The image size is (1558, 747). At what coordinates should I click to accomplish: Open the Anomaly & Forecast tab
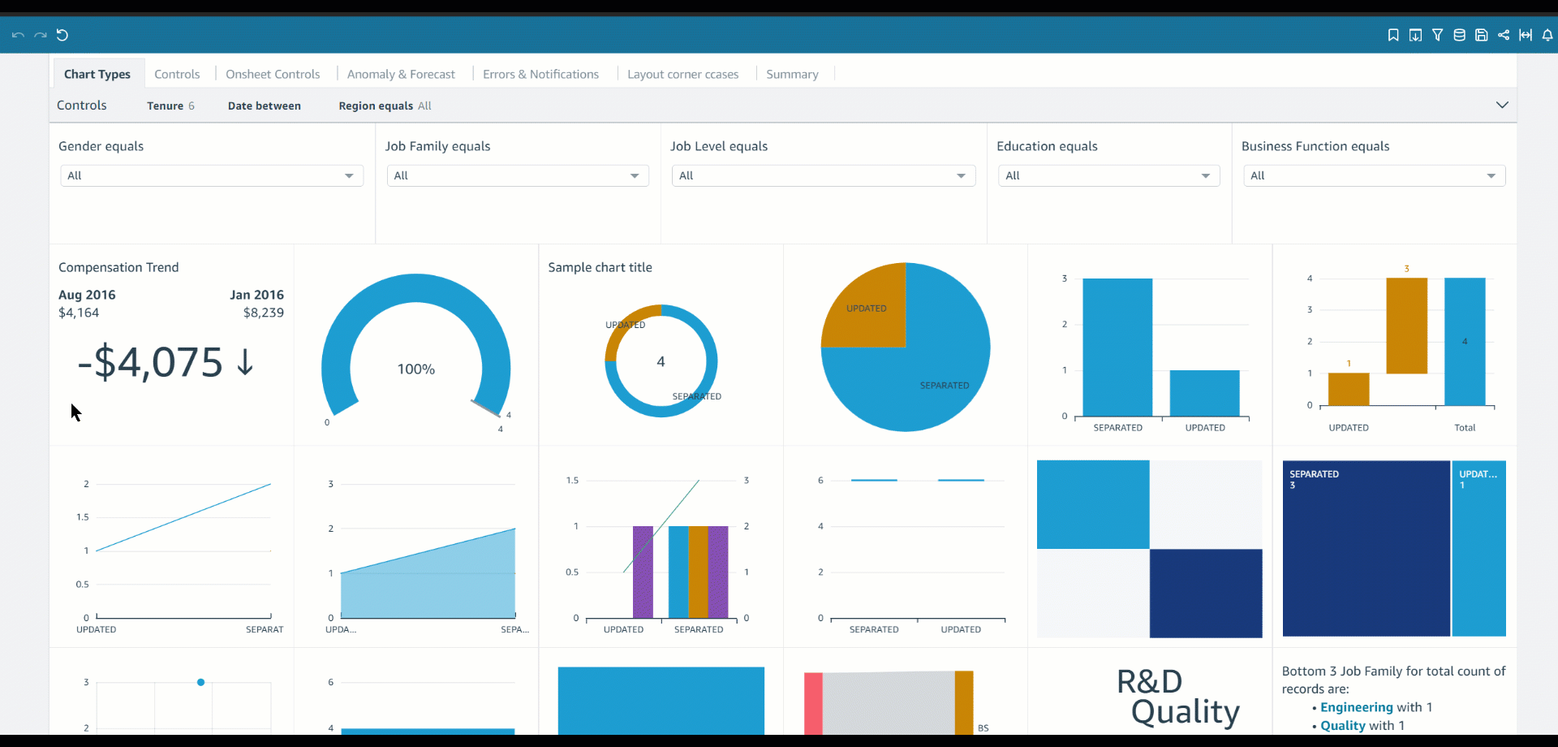[401, 74]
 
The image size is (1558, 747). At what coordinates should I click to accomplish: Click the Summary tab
[792, 74]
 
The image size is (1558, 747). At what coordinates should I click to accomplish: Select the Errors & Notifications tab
[540, 74]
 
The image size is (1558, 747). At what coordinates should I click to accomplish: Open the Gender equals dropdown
[211, 175]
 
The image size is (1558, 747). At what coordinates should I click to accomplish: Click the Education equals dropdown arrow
[1205, 175]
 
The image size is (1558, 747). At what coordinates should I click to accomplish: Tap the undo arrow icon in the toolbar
[18, 35]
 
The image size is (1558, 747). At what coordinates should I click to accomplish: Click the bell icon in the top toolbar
[1547, 35]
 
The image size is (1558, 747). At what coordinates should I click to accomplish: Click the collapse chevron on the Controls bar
[1502, 105]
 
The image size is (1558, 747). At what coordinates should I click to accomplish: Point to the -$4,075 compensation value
[150, 362]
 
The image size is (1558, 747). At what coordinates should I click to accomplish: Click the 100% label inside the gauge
[415, 369]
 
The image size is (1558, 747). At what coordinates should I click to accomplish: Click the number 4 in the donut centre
[661, 361]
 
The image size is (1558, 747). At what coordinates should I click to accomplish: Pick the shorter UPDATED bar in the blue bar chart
[1204, 393]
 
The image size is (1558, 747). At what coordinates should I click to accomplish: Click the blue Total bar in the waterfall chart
[1465, 341]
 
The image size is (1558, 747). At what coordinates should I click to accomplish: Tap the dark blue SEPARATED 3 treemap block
[1366, 548]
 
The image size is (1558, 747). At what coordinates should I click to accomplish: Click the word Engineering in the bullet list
[1356, 707]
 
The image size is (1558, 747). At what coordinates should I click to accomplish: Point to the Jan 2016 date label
[256, 295]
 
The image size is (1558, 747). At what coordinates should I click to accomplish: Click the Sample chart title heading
[600, 267]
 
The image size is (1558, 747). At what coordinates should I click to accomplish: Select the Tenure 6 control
[170, 106]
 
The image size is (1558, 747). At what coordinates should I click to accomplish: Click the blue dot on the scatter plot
[200, 682]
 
